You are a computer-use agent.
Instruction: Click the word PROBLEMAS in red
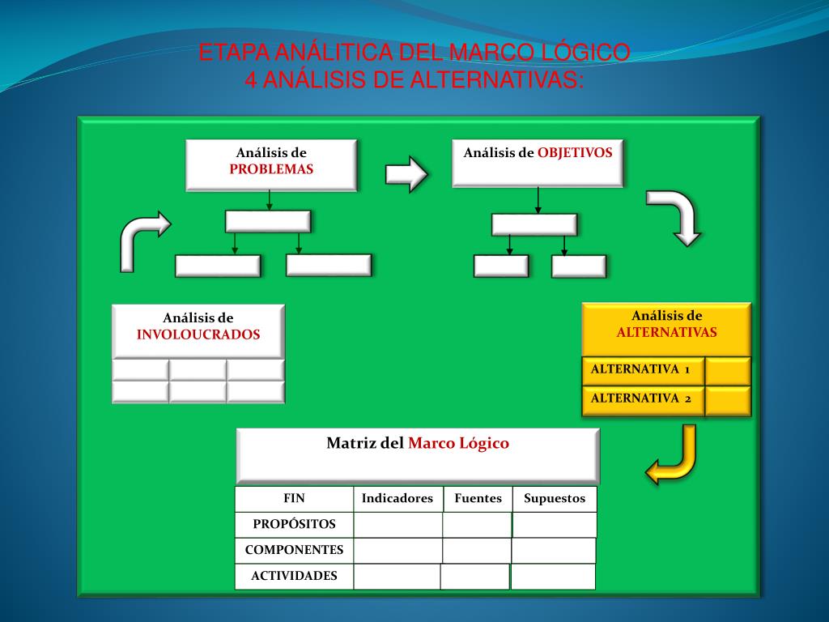click(271, 169)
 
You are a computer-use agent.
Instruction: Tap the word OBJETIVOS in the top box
click(575, 152)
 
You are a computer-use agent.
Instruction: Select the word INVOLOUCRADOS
click(198, 334)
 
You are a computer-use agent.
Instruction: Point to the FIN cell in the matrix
click(294, 499)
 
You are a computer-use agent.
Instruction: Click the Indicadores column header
click(397, 499)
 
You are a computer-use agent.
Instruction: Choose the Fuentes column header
click(478, 499)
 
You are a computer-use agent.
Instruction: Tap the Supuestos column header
click(555, 499)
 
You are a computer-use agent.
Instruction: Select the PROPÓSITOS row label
click(294, 524)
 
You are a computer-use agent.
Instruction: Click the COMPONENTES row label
click(294, 550)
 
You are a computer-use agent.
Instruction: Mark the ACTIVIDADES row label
click(294, 577)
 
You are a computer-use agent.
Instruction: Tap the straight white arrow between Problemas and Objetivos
click(406, 173)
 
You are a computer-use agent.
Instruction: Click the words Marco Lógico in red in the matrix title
click(458, 443)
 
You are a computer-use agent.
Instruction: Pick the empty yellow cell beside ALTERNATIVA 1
click(728, 371)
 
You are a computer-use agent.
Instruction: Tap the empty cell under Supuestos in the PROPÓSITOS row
click(555, 525)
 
